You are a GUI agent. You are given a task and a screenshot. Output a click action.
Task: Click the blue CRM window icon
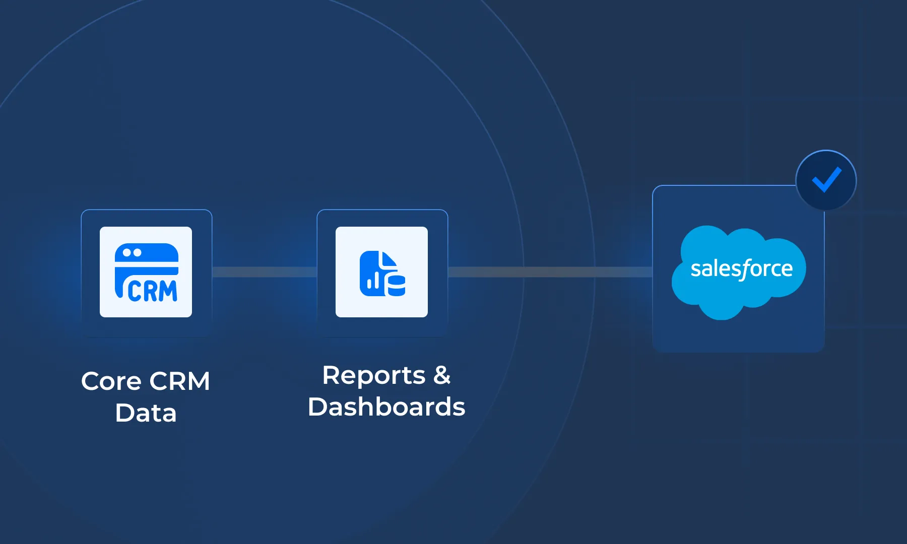[x=146, y=272]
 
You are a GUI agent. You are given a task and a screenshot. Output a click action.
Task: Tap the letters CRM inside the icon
[x=152, y=291]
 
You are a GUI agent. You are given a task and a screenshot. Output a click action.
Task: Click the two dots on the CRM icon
[x=132, y=253]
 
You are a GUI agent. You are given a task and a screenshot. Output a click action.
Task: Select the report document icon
[x=382, y=273]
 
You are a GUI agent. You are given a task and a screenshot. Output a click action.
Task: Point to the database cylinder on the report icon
[x=397, y=285]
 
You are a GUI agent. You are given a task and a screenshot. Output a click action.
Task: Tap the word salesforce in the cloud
[x=741, y=269]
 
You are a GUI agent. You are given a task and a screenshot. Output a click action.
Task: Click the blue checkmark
[x=826, y=179]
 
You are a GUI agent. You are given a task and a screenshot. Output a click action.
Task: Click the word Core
[x=111, y=381]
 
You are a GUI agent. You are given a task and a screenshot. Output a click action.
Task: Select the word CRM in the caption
[x=180, y=381]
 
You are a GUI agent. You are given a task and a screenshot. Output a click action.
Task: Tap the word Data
[x=146, y=414]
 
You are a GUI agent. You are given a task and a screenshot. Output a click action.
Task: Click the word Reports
[x=374, y=376]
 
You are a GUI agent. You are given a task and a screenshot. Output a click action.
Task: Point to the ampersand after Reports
[x=442, y=375]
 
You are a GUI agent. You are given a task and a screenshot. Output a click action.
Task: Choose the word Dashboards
[x=386, y=407]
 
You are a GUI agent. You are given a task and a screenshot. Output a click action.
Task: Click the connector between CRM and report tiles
[x=265, y=272]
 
